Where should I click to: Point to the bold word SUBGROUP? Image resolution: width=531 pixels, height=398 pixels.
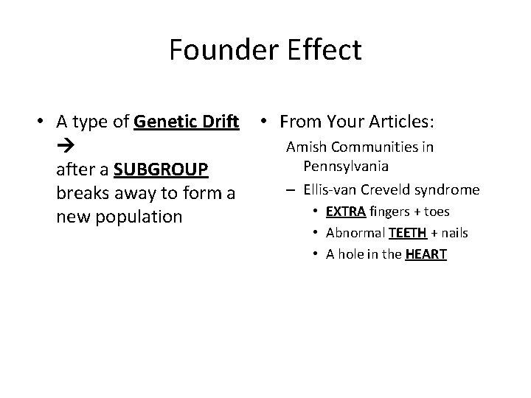162,170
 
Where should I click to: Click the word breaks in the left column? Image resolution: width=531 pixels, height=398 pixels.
81,193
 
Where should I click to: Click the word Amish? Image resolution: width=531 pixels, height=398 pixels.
304,147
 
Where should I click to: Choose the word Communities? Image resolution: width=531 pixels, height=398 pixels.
369,147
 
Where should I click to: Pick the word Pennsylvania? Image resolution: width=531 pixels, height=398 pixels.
346,166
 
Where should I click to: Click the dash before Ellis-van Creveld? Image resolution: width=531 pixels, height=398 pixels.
293,190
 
